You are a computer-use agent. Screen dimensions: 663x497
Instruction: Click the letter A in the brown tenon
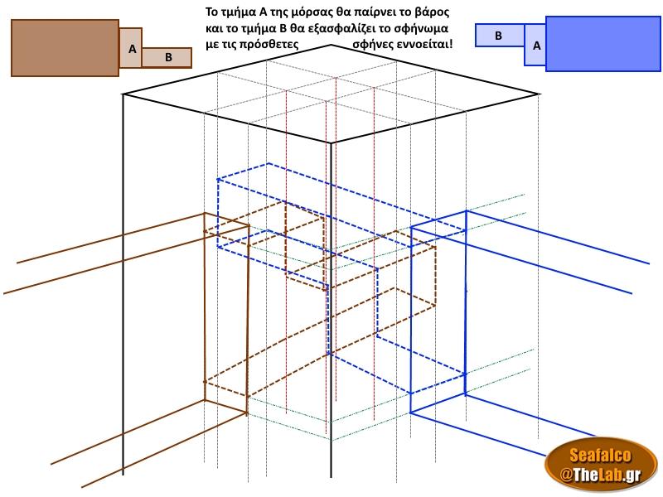tap(133, 50)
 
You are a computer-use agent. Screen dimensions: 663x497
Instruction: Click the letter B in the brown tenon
tap(168, 57)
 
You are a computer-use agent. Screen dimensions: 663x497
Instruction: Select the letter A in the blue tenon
tap(536, 46)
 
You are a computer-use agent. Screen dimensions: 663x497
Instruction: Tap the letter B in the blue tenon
tap(499, 36)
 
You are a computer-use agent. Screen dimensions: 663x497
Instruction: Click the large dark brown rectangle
tap(65, 48)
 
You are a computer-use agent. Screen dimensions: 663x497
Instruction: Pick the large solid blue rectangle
tap(603, 44)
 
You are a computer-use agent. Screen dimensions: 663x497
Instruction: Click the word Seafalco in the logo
tap(600, 455)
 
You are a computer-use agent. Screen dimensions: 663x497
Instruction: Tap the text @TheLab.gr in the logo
tap(600, 474)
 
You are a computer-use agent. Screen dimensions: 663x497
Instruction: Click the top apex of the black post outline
tap(331, 45)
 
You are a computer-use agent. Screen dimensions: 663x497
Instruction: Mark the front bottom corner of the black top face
tap(331, 142)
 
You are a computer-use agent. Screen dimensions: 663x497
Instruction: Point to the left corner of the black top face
tap(123, 94)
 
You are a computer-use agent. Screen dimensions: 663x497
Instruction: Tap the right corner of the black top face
tap(538, 94)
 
